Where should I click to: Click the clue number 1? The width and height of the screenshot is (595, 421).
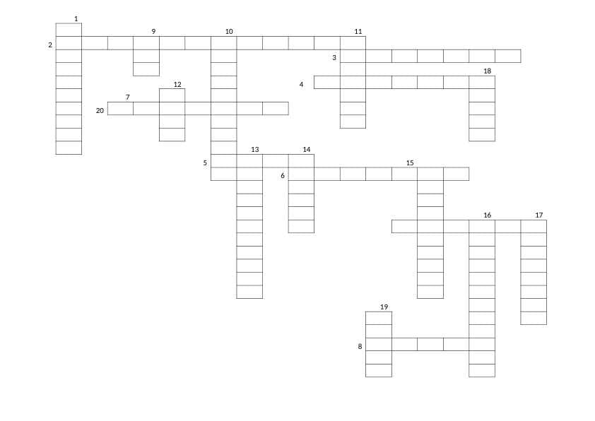coord(76,18)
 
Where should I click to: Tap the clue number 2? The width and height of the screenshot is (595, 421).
coord(50,45)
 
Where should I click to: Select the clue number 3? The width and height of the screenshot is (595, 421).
coord(334,58)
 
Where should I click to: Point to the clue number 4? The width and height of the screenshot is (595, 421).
coord(301,84)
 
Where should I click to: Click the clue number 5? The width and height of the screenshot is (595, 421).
coord(205,163)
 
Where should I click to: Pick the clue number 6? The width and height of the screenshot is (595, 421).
coord(283,176)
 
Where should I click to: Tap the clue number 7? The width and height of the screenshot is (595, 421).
coord(127,97)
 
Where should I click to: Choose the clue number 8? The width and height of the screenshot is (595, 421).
coord(360,346)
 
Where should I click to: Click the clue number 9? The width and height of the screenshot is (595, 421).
coord(153,32)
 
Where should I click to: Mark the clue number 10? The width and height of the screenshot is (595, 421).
coord(229,32)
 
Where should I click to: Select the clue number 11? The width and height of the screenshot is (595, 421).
coord(358,32)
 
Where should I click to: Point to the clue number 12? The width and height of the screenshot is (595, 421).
coord(177,84)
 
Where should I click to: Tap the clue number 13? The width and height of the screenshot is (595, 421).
coord(255,150)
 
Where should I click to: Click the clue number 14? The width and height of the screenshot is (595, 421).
coord(307,150)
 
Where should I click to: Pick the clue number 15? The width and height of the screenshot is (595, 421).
coord(410,162)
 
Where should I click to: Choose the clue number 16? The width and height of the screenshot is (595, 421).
coord(487,215)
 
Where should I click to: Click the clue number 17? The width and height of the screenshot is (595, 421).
coord(539,215)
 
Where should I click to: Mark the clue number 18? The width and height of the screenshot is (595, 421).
coord(487,71)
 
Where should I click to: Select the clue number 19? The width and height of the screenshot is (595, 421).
coord(384,307)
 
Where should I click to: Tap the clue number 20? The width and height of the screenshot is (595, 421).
coord(100,111)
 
